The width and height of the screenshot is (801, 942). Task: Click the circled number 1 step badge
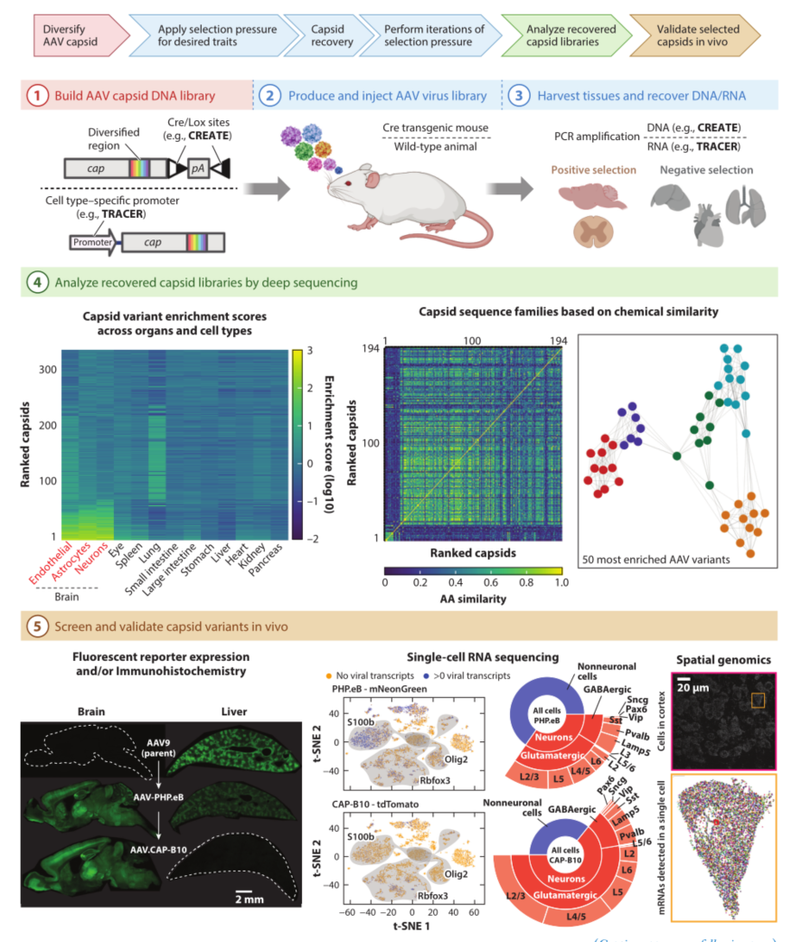pos(37,95)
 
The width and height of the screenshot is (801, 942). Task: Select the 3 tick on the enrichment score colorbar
pos(308,348)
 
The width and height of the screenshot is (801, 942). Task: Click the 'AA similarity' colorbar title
pos(472,598)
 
